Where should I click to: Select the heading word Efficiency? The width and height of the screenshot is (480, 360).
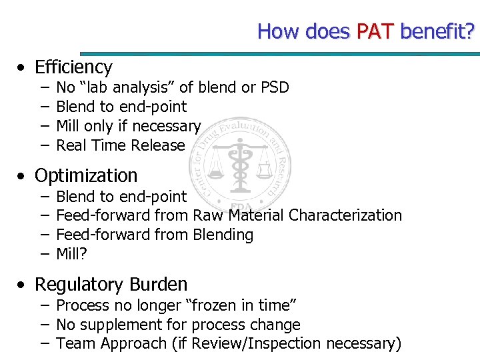[x=73, y=67]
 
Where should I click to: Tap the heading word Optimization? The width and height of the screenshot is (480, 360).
[x=86, y=176]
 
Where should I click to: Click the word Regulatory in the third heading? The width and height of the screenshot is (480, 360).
[x=77, y=285]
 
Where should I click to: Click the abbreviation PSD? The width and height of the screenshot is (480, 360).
[x=275, y=87]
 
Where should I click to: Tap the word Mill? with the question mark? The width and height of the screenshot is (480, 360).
[x=72, y=254]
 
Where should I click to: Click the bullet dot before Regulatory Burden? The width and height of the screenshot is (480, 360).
[x=23, y=285]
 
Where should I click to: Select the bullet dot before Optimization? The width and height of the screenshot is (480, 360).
[x=23, y=177]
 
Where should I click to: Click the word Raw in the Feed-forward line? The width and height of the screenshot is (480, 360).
[x=209, y=215]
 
